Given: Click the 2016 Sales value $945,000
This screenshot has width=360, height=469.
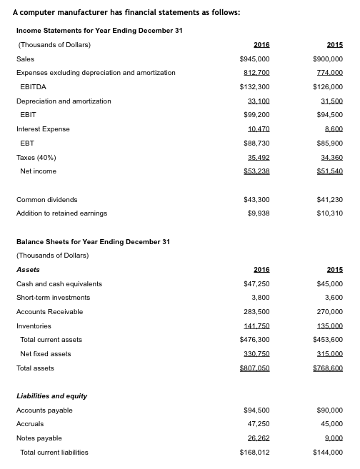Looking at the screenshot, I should [255, 59].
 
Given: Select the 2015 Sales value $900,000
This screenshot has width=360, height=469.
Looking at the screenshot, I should [328, 59].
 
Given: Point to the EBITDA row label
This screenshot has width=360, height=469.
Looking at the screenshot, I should [33, 87].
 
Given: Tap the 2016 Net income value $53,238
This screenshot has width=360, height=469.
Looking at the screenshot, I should [255, 171].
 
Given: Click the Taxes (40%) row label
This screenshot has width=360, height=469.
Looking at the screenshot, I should [36, 157].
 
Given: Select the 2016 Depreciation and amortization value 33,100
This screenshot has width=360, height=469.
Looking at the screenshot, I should [259, 101].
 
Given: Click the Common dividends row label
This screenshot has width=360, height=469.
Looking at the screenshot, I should [46, 200].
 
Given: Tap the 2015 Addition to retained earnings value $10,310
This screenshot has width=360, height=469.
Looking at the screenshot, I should [329, 213].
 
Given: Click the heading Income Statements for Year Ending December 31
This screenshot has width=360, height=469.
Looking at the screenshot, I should [89, 31].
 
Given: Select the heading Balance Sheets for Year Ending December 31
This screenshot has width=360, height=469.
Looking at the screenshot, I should [93, 242].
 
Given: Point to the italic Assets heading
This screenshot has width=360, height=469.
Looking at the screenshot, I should [28, 270].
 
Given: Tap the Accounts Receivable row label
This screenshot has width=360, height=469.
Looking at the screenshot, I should [49, 312].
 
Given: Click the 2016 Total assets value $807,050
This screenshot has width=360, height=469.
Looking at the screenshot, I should [255, 368].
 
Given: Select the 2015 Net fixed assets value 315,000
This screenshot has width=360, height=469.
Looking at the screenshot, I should [329, 354].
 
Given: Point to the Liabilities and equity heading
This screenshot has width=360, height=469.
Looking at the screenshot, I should [51, 396].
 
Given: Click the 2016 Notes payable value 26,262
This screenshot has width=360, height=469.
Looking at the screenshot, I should [259, 438].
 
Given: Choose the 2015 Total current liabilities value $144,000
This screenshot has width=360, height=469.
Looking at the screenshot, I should [328, 453].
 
